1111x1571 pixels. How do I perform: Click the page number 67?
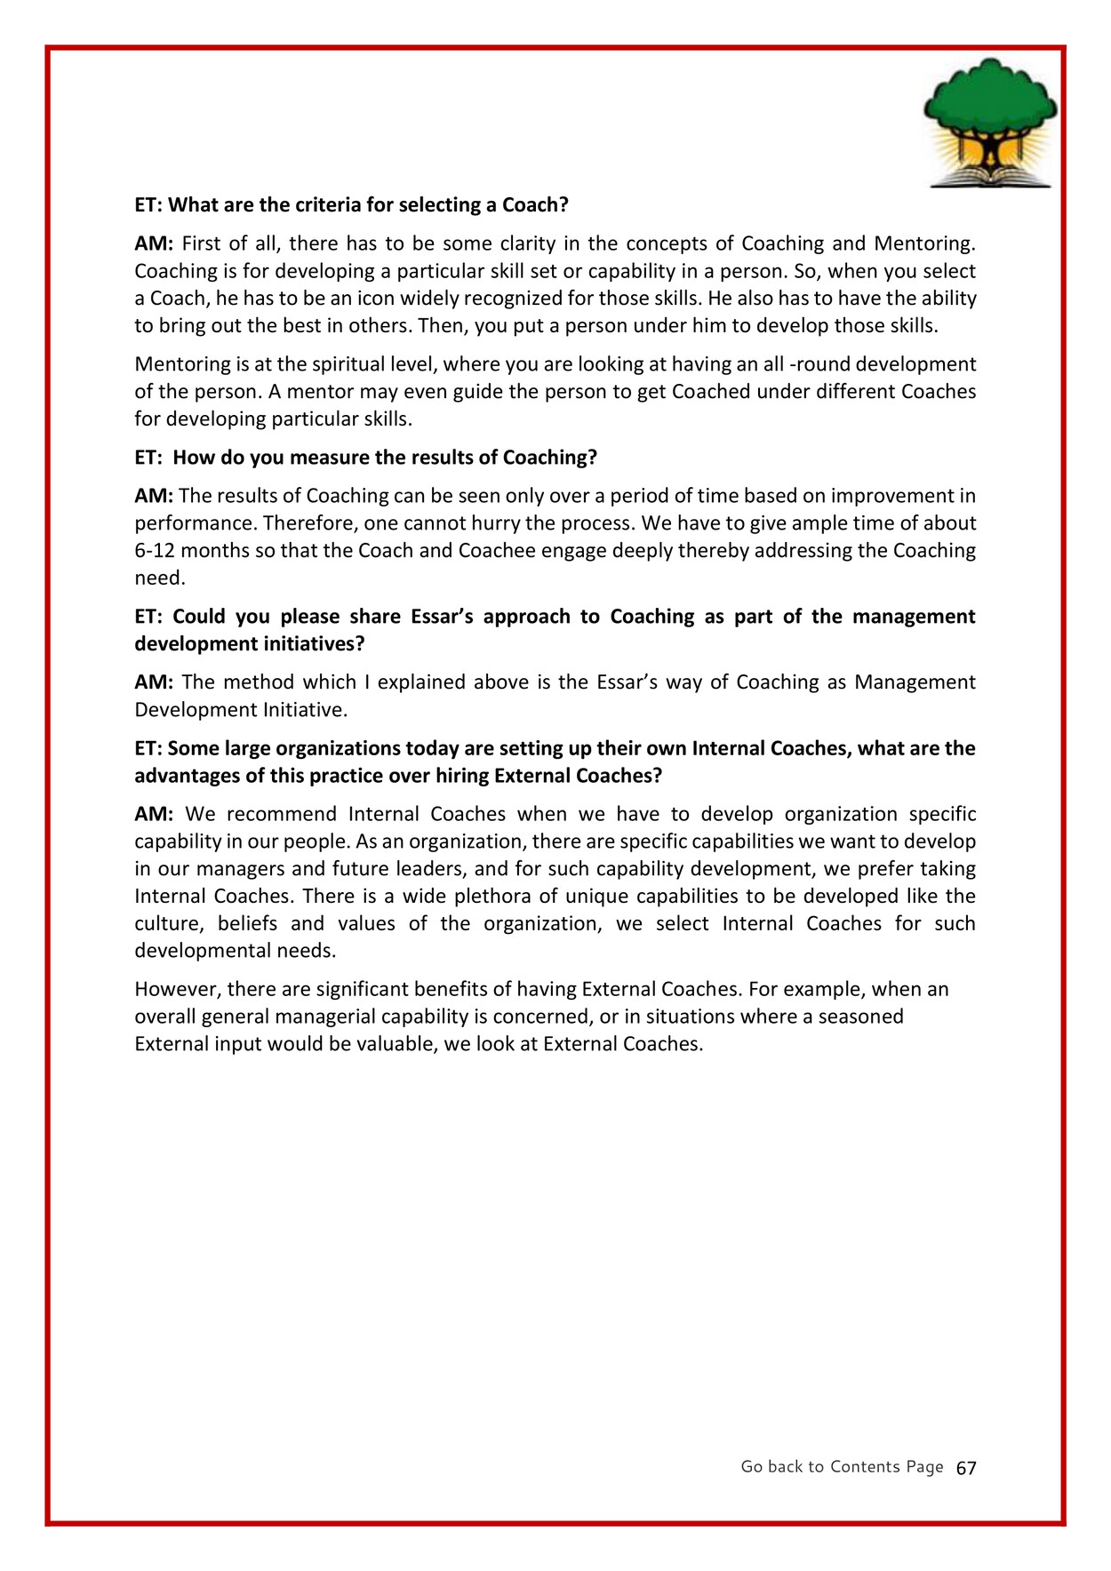coord(966,1468)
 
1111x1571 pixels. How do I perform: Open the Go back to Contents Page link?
coord(842,1466)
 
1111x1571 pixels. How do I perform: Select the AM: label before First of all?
coord(154,243)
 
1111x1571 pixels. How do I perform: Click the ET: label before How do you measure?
coord(148,458)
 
